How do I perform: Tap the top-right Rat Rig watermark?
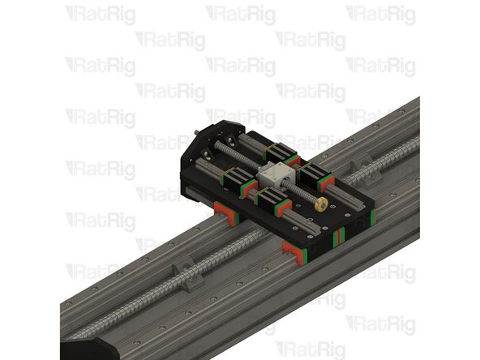pos(381,15)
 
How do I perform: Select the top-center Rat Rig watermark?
pos(240,15)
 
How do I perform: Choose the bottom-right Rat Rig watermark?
pos(381,323)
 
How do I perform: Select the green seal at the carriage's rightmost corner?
pos(375,217)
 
